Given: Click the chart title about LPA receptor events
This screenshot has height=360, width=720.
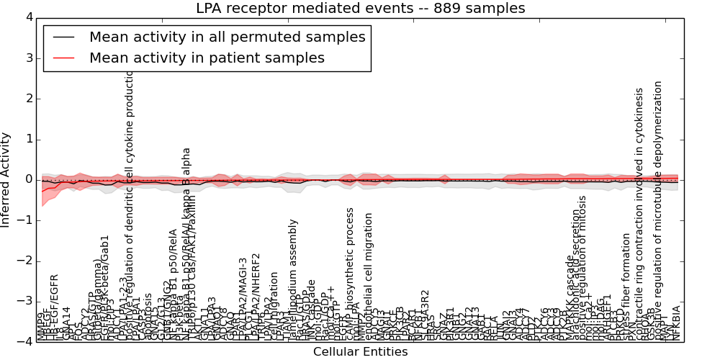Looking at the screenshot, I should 360,9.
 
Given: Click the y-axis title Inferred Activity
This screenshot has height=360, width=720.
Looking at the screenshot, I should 6,179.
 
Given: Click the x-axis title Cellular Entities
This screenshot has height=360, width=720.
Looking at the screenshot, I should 360,352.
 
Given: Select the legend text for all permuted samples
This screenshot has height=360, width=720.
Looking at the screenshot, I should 227,37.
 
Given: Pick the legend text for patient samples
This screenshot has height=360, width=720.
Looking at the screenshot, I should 207,58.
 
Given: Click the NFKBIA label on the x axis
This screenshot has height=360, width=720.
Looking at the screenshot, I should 676,323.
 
